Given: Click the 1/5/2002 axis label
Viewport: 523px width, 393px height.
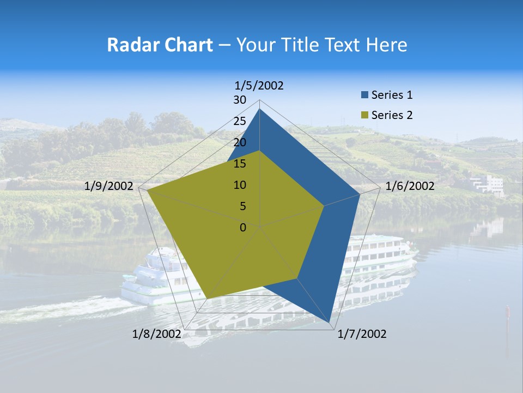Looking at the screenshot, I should click(259, 85).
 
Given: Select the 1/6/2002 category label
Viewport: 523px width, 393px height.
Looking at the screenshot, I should click(410, 186).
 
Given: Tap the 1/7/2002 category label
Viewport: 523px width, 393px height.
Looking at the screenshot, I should click(362, 334).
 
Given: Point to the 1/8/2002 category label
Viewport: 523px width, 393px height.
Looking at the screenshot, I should click(156, 334).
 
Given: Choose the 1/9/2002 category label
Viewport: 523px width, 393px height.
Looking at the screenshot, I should click(109, 186).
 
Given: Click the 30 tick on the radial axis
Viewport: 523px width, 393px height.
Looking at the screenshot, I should click(240, 100).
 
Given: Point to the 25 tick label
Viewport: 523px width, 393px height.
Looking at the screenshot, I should click(240, 121).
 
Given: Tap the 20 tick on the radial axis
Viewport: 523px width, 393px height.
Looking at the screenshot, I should click(240, 142).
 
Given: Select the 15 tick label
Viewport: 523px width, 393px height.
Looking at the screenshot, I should click(240, 164).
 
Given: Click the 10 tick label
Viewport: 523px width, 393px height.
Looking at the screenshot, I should click(240, 185).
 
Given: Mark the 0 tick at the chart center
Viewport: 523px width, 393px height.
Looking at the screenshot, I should click(243, 228).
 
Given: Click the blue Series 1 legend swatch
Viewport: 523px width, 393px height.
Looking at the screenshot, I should click(364, 95).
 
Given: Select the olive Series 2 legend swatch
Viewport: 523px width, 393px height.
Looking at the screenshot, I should click(364, 115).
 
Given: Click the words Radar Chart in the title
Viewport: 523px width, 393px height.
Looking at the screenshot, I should click(160, 45).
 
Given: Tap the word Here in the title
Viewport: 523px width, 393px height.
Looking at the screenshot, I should click(386, 45).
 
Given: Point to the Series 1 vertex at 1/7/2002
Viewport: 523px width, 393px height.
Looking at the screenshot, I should click(330, 322).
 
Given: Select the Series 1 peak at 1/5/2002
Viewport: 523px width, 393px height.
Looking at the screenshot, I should click(260, 109).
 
